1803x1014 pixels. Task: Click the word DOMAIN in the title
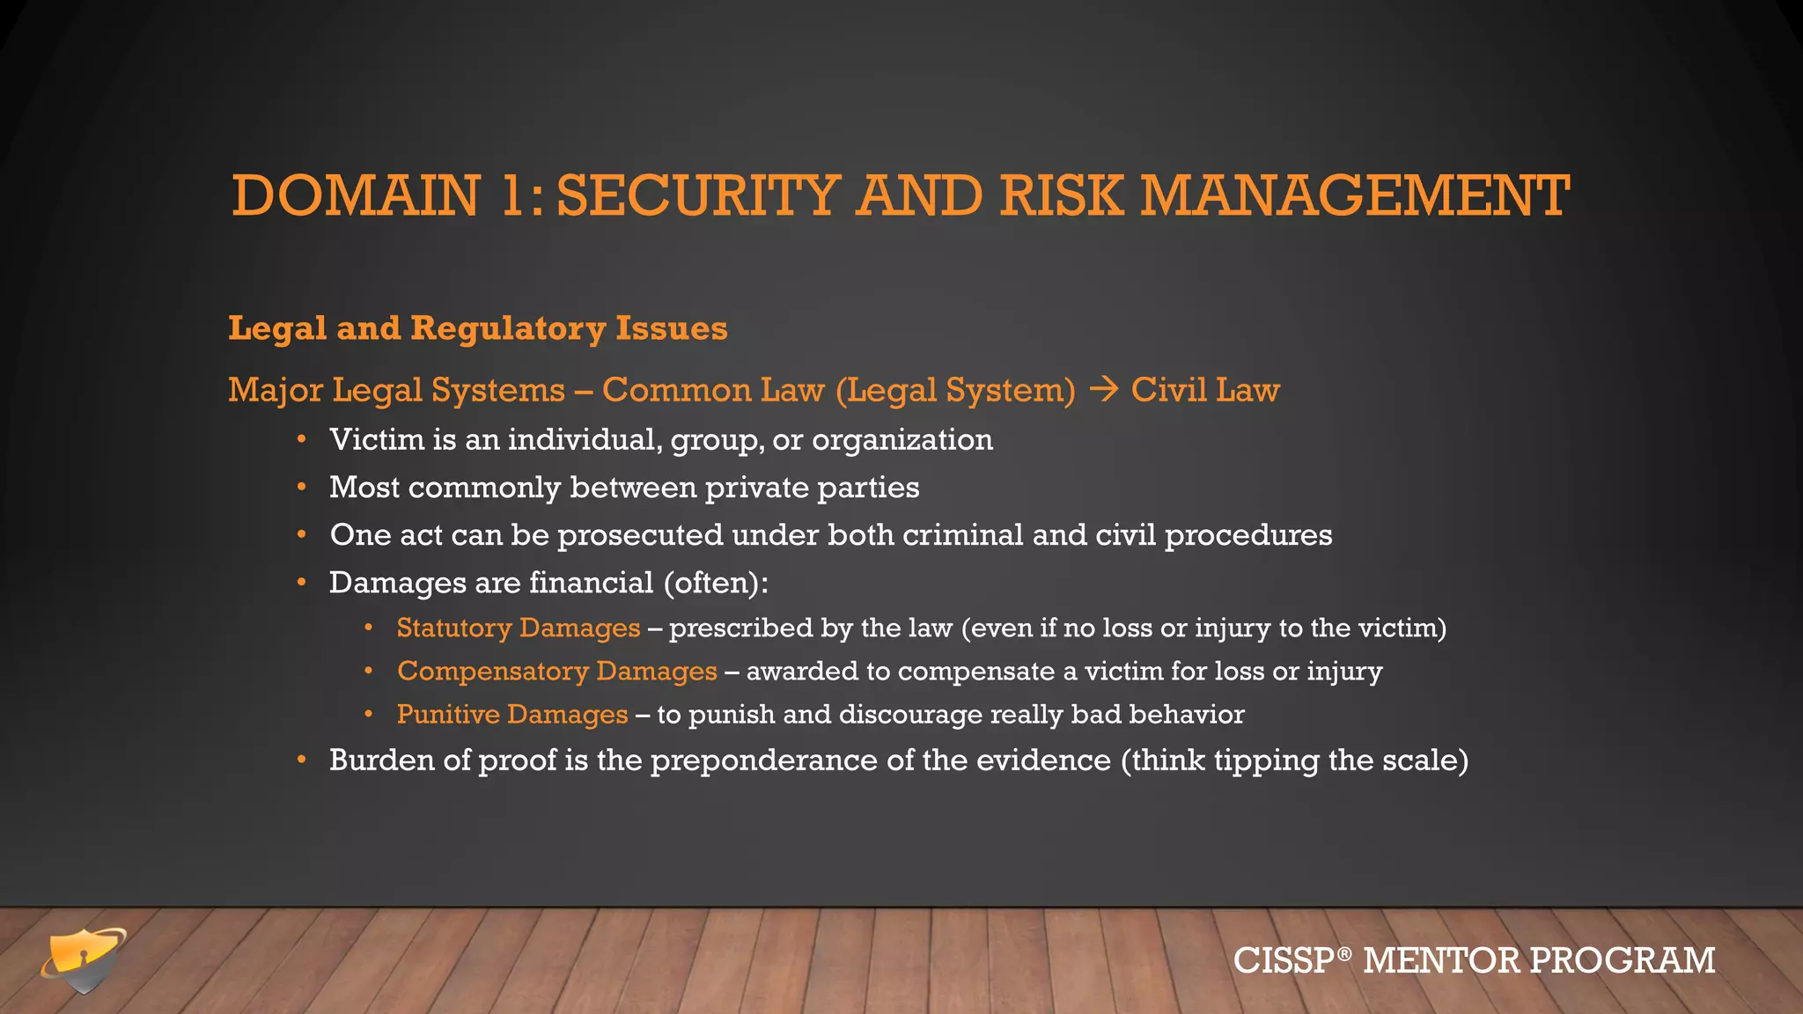pyautogui.click(x=356, y=195)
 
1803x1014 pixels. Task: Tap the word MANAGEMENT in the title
pyautogui.click(x=1355, y=195)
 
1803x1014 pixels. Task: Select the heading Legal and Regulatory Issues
pyautogui.click(x=478, y=328)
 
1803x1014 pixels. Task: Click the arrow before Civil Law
pyautogui.click(x=1103, y=389)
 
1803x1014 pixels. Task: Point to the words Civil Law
pyautogui.click(x=1205, y=390)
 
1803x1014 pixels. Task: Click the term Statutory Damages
pyautogui.click(x=519, y=628)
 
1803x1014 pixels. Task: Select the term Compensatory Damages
pyautogui.click(x=557, y=671)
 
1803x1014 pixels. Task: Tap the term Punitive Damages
pyautogui.click(x=512, y=714)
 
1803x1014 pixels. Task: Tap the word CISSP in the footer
pyautogui.click(x=1284, y=960)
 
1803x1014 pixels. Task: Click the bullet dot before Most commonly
pyautogui.click(x=302, y=487)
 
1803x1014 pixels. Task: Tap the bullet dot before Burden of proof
pyautogui.click(x=302, y=760)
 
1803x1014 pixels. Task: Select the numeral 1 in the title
pyautogui.click(x=511, y=195)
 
